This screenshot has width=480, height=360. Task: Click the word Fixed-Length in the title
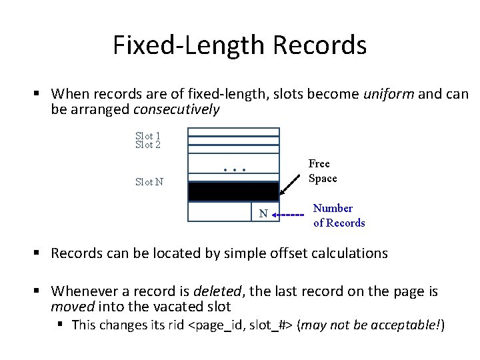pos(188,45)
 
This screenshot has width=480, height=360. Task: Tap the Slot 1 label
pos(147,136)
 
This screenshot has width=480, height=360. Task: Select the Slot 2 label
pos(147,144)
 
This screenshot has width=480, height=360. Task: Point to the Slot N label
pos(149,181)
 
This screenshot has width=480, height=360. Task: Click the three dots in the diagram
pos(235,170)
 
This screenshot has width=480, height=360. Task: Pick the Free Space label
pos(323,171)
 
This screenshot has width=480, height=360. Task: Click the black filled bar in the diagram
pos(233,191)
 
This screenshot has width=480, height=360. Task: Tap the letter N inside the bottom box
pos(263,213)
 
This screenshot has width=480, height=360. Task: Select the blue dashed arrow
pos(289,215)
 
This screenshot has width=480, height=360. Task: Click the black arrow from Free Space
pos(291,178)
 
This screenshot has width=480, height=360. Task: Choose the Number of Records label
pos(339,215)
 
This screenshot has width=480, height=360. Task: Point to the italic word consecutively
pos(177,109)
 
